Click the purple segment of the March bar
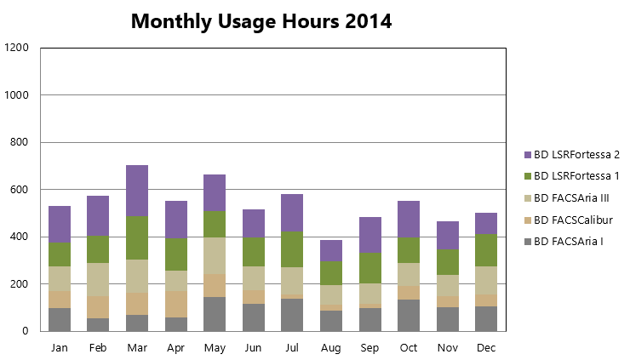(137, 191)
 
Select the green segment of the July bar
(292, 249)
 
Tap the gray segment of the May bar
(215, 314)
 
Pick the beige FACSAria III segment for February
(98, 280)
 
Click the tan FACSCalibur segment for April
(176, 305)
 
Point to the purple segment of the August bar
(331, 251)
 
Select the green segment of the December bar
(486, 250)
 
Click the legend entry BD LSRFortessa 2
(572, 155)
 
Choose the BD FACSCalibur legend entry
(569, 220)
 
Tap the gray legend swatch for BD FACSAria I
(528, 242)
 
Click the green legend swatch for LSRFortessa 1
(528, 176)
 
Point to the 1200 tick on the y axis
(16, 48)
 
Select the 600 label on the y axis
(20, 190)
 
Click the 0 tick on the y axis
(26, 331)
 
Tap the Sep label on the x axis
(369, 348)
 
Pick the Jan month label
(60, 347)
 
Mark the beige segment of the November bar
(448, 286)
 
